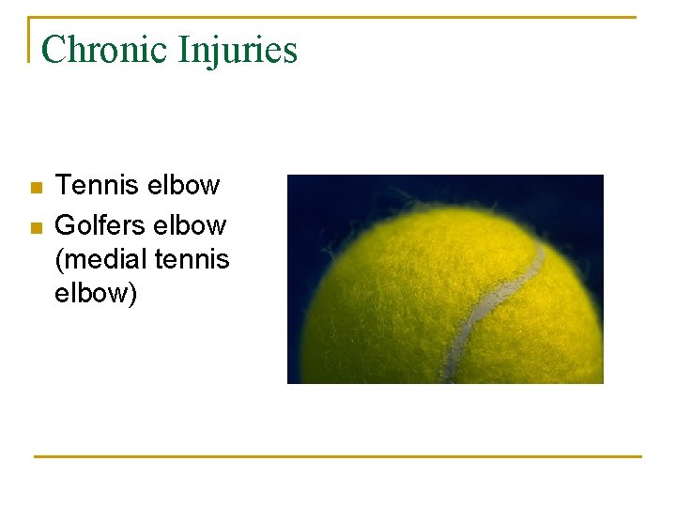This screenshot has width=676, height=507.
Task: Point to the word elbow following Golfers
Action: point(192,225)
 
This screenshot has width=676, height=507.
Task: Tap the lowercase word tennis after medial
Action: point(193,259)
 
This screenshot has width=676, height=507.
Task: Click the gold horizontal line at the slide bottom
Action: point(338,456)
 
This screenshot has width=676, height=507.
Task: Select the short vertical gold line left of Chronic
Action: point(30,39)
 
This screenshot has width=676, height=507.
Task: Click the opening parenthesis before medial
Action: point(59,260)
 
